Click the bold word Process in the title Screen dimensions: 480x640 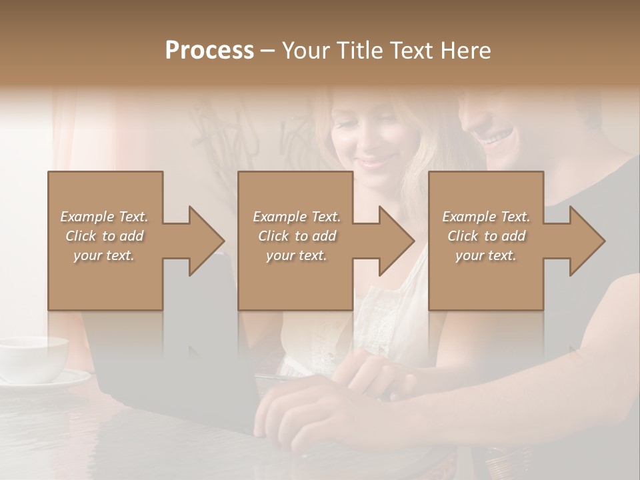[x=209, y=51]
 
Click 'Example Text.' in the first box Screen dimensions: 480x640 [x=105, y=217]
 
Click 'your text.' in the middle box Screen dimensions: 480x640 [x=296, y=255]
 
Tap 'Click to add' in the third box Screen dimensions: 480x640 [x=486, y=236]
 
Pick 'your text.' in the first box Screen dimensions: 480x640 [x=105, y=255]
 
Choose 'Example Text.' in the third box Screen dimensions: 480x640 [x=486, y=217]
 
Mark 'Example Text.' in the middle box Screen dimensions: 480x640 [x=296, y=217]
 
